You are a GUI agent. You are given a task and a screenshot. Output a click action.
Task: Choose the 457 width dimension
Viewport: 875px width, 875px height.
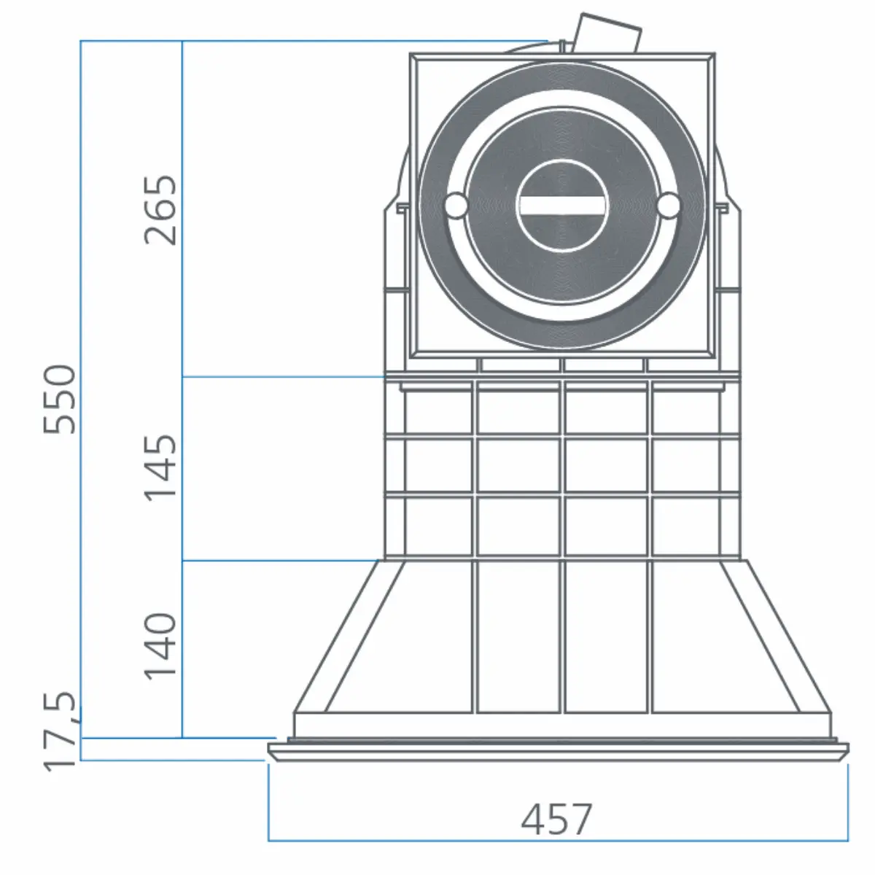pos(557,820)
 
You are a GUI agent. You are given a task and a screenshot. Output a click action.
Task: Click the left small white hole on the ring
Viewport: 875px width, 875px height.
pos(456,206)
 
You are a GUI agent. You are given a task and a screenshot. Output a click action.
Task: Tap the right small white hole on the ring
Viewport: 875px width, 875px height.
pos(668,206)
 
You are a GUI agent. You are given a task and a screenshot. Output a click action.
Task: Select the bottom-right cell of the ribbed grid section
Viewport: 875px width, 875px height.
pos(685,527)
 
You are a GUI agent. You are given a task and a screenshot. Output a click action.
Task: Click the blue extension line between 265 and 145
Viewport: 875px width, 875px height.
pos(284,376)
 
